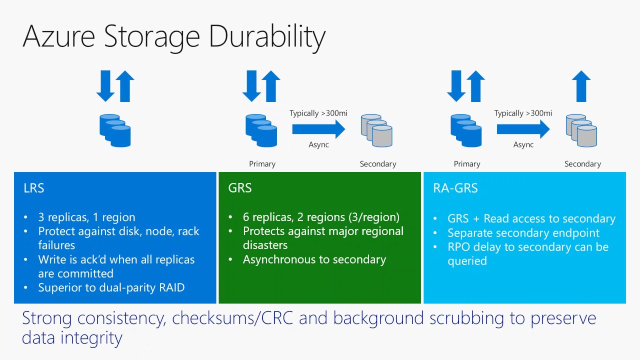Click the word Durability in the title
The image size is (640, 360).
click(267, 36)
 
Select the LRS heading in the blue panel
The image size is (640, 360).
click(34, 188)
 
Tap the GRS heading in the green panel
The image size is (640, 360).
click(240, 188)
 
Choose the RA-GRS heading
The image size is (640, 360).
click(455, 188)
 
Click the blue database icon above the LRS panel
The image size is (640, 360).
click(115, 130)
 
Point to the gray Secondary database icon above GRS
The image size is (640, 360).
click(377, 130)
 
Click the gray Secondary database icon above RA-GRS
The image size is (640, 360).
click(581, 130)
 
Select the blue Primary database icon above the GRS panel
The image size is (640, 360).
click(261, 130)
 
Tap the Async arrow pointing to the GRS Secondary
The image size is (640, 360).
click(318, 129)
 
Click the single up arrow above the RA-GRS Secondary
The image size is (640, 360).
click(581, 86)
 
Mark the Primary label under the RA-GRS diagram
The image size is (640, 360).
click(466, 164)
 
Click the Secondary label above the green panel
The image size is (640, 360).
click(378, 164)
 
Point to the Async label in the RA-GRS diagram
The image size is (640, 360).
click(523, 144)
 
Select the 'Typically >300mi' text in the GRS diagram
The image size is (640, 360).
click(318, 113)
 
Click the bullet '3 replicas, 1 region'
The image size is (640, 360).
click(86, 217)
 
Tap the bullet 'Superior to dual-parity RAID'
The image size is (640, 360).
click(111, 287)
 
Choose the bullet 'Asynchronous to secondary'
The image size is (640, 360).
click(314, 259)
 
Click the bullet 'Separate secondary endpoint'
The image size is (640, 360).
click(523, 233)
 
